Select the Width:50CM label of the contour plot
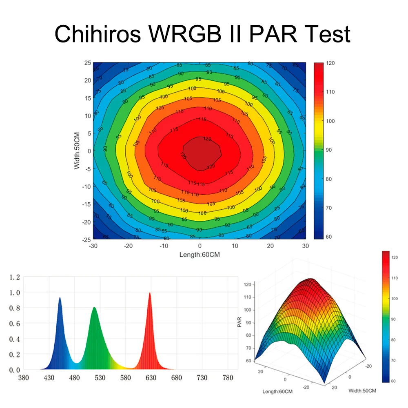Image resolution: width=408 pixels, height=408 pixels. [x=77, y=151]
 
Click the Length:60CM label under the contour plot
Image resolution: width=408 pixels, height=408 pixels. [x=200, y=255]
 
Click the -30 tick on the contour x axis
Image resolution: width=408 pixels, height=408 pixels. [x=93, y=246]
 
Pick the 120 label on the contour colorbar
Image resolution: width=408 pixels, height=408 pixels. [x=330, y=63]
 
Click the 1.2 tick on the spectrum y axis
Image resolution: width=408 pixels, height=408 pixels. [x=15, y=278]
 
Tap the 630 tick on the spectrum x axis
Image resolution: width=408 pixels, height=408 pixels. [x=151, y=378]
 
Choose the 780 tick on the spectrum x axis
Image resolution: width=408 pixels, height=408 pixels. [x=227, y=378]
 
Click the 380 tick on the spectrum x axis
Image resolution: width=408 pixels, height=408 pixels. [x=24, y=378]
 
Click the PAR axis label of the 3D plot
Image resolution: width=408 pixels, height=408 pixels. [x=239, y=322]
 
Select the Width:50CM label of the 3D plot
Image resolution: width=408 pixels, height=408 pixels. [x=363, y=390]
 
